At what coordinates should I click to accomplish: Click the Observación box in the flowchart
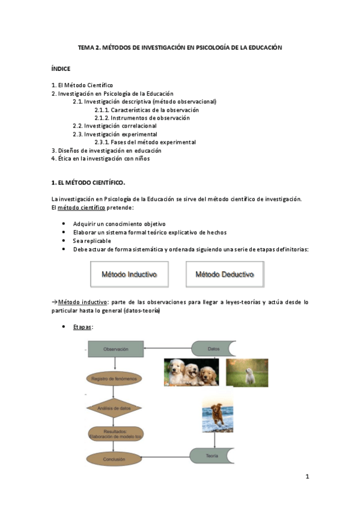(x=116, y=348)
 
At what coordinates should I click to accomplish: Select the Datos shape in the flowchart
(x=213, y=348)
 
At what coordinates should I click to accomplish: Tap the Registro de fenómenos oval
(x=116, y=378)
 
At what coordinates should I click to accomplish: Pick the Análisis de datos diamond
(x=116, y=408)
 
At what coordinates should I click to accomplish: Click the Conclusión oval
(x=116, y=458)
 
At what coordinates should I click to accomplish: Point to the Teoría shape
(x=212, y=456)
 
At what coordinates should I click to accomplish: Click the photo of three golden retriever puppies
(x=192, y=372)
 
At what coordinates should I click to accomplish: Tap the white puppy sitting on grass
(x=246, y=372)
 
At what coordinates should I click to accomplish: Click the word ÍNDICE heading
(x=61, y=69)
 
